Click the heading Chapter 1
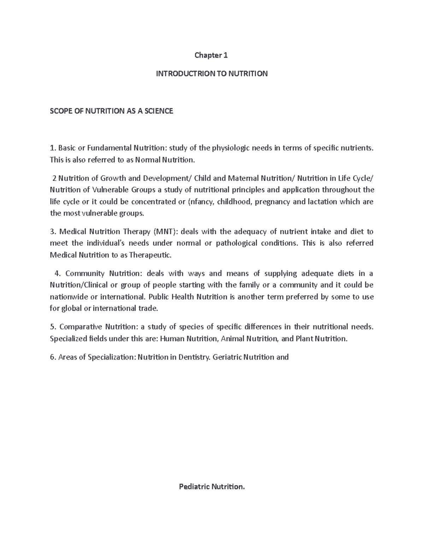coord(212,55)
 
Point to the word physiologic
coord(231,148)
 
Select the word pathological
coord(236,243)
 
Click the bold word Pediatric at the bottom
coord(194,487)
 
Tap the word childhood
coord(234,202)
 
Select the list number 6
coord(53,357)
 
